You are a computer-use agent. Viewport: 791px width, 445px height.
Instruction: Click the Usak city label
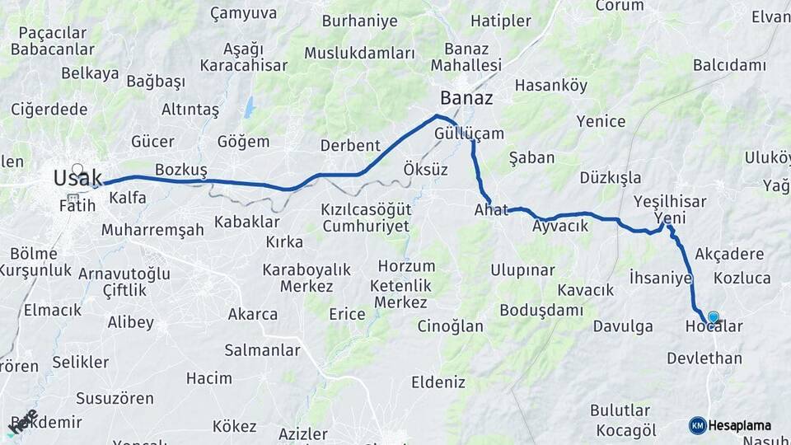77,177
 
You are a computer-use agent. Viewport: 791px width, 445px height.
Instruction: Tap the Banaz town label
466,99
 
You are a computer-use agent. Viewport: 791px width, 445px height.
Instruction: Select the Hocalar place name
714,327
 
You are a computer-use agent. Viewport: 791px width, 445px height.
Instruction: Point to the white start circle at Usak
77,169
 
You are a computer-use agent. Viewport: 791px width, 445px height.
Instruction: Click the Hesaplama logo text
739,425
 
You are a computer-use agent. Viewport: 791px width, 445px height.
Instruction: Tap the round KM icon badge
698,425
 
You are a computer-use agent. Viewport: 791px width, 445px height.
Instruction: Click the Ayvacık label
560,225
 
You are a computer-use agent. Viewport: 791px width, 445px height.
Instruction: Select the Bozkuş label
180,169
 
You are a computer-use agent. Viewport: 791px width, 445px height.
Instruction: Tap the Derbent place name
350,145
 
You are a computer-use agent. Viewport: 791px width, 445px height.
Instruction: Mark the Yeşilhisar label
672,202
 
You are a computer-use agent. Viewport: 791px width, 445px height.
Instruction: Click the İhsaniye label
660,278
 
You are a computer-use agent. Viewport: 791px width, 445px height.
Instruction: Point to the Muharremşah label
152,230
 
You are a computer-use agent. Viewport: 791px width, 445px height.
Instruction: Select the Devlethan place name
704,358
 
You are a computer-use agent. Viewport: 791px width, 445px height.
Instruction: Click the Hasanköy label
551,85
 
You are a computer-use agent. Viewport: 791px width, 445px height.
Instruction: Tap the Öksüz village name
426,170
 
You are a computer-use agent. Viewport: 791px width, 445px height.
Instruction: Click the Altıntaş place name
190,110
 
